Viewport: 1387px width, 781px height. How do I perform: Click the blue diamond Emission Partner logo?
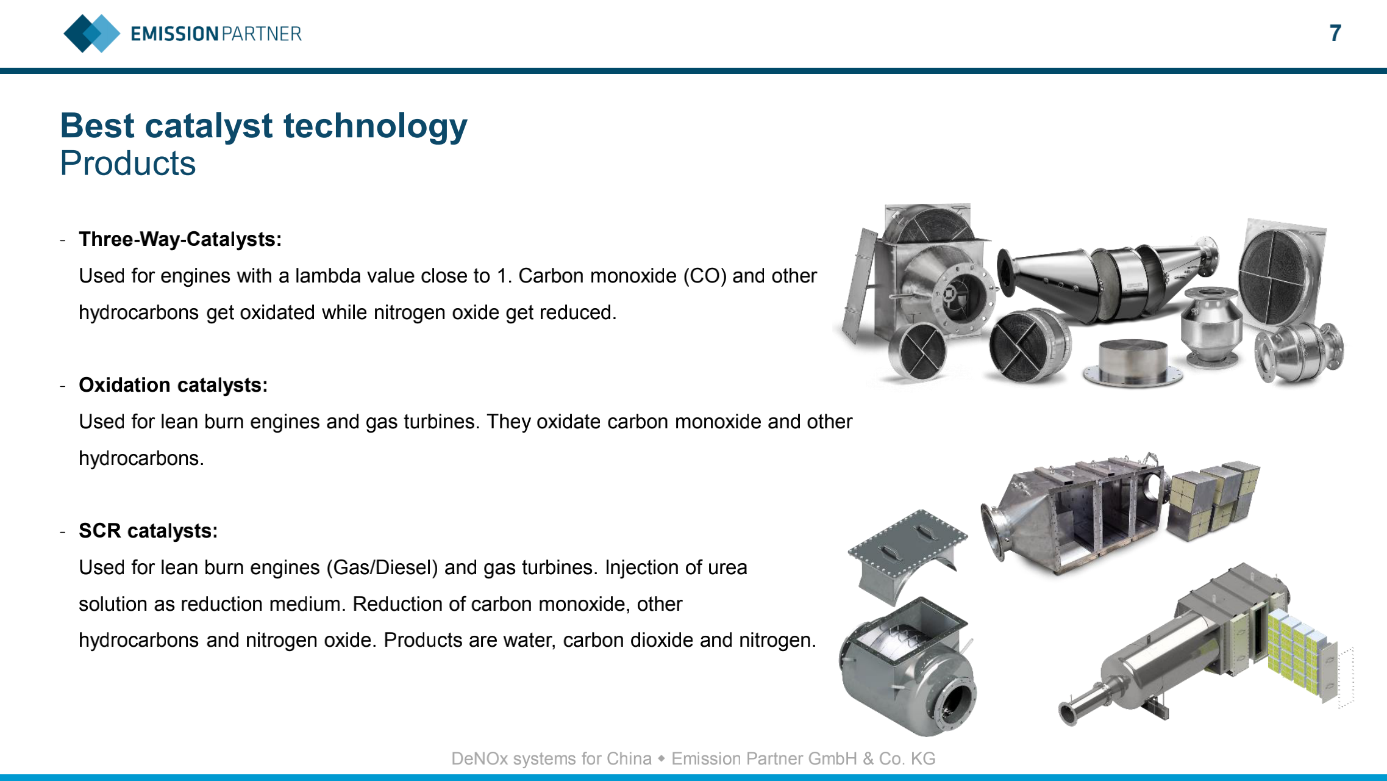(92, 33)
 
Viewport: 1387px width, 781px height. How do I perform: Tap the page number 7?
(1335, 33)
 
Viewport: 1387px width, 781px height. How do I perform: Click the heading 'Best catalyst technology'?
(263, 126)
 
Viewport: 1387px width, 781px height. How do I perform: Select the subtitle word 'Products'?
(128, 163)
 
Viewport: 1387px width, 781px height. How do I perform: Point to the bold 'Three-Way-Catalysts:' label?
(180, 239)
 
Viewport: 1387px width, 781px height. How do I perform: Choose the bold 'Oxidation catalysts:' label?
(173, 385)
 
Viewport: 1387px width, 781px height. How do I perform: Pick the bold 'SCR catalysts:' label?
(148, 531)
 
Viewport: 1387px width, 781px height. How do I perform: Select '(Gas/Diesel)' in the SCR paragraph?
(382, 567)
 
